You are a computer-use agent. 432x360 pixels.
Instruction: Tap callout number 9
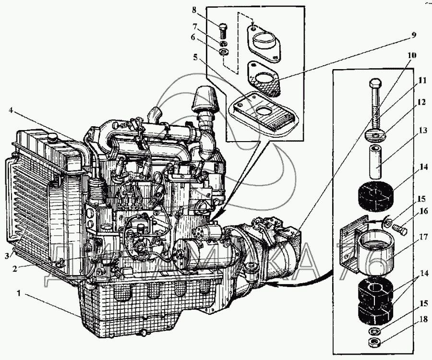[413, 35]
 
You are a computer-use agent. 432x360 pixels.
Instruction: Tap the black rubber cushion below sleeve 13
[376, 196]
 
